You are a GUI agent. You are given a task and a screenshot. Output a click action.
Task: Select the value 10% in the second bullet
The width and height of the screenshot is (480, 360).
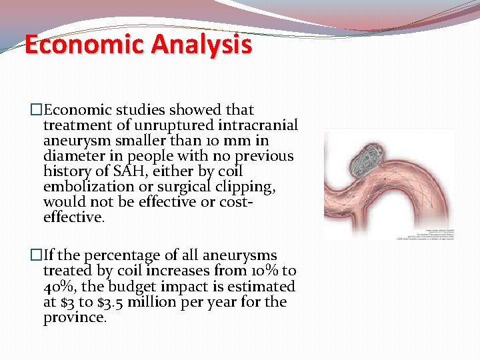click(264, 271)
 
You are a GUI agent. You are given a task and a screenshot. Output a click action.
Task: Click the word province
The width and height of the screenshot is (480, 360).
click(74, 317)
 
